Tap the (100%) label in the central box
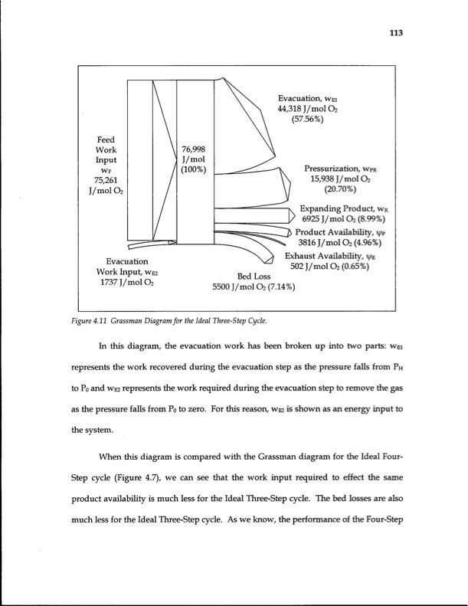[194, 169]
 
